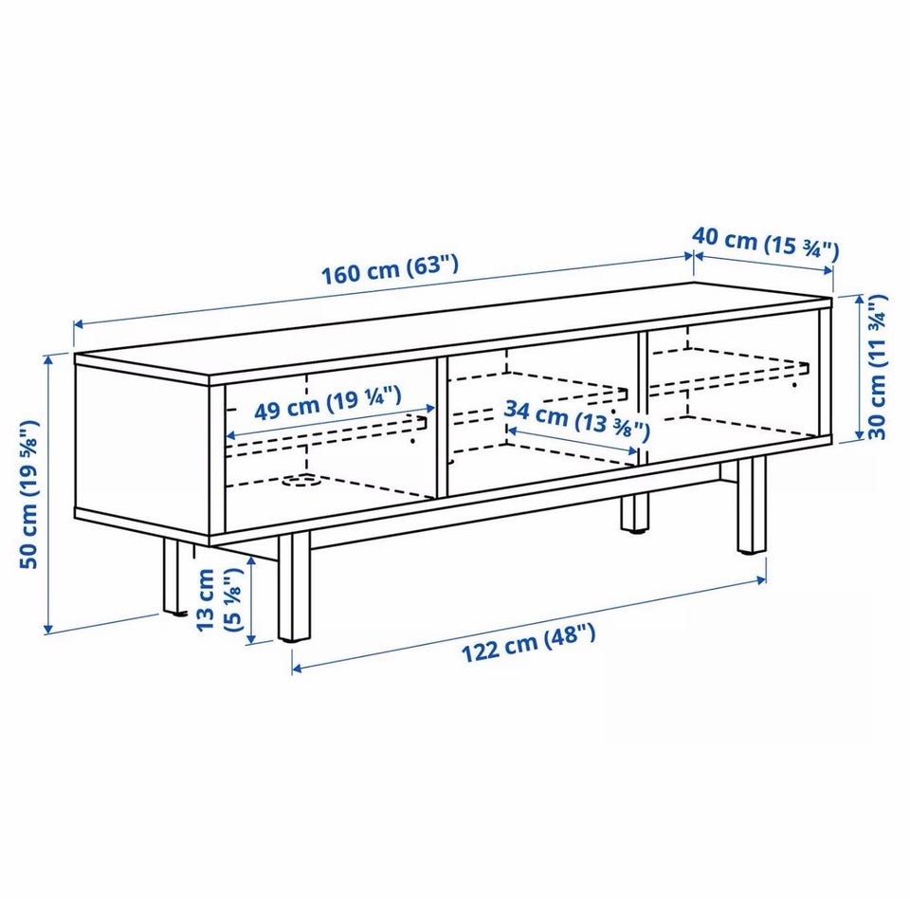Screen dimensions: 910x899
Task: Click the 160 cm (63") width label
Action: (x=390, y=270)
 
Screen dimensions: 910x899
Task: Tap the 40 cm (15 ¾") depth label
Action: (x=766, y=244)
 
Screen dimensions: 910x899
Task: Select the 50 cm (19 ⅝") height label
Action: (x=29, y=495)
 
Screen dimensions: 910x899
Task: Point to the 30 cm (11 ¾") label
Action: (x=877, y=367)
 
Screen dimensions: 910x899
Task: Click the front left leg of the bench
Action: (x=294, y=588)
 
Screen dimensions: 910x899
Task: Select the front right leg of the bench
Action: (x=752, y=505)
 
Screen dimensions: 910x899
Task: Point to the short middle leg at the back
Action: (x=633, y=512)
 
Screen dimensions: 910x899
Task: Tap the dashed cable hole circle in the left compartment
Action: (x=300, y=480)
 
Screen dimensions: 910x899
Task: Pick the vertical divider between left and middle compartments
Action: (x=441, y=427)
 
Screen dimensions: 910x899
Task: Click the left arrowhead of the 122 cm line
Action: (x=296, y=669)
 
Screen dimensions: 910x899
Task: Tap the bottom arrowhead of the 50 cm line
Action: (x=48, y=629)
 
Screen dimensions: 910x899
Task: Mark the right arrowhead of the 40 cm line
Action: (x=829, y=269)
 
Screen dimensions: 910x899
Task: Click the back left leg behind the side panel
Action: (x=172, y=575)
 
